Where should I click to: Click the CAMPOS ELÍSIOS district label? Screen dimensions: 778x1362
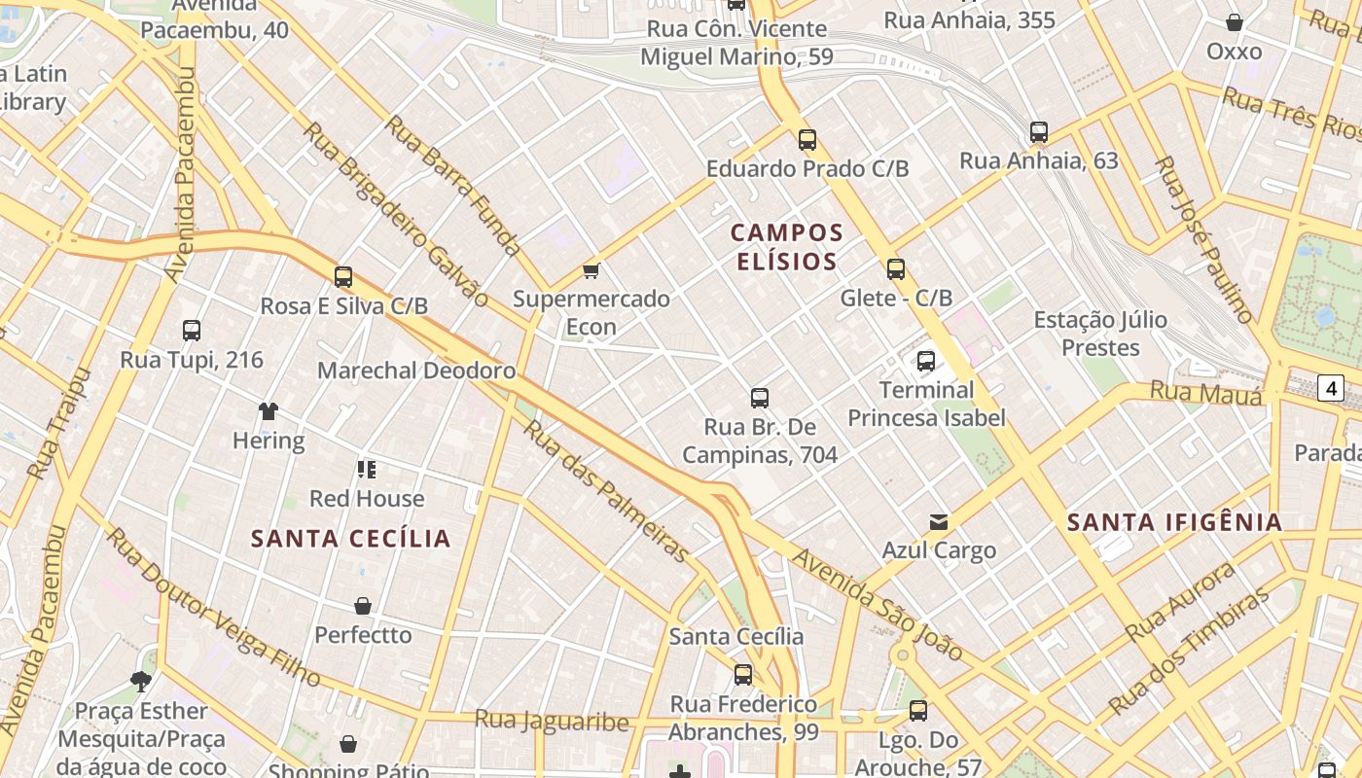coord(787,247)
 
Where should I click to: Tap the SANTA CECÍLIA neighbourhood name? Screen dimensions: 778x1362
coord(351,539)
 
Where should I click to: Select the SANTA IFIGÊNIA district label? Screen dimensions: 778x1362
coord(1174,522)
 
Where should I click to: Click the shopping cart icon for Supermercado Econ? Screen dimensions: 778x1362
coord(591,270)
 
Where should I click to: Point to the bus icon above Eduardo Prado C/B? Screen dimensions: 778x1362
coord(807,139)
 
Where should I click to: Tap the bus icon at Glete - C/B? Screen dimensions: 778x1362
coord(896,269)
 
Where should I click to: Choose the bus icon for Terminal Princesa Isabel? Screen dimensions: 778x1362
coord(926,361)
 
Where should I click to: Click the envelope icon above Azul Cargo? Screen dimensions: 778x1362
coord(939,522)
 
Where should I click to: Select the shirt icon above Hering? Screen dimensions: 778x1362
coord(269,411)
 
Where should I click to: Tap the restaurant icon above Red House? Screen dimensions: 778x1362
coord(367,470)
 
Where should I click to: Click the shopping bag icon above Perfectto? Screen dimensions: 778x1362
coord(363,606)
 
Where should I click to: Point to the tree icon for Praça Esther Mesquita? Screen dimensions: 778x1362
coord(141,681)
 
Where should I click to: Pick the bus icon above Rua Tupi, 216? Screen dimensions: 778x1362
coord(192,331)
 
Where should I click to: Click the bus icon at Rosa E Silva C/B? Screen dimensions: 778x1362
coord(343,276)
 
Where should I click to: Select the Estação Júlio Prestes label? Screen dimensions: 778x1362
coord(1100,334)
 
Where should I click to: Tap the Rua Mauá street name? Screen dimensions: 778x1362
coord(1206,393)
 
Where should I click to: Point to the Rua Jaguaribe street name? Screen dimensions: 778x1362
coord(552,721)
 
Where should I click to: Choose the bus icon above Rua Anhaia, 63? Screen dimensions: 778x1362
coord(1039,131)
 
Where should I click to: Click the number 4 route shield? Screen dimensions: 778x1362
coord(1331,389)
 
